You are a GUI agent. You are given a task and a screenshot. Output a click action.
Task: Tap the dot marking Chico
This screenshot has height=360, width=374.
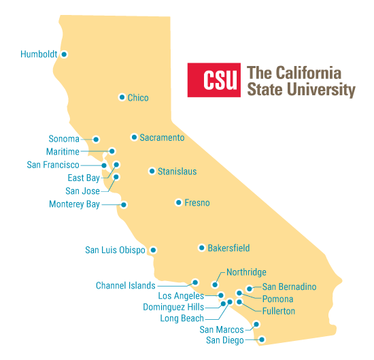[122, 97]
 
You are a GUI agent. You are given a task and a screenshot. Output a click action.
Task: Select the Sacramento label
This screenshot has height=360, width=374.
[162, 137]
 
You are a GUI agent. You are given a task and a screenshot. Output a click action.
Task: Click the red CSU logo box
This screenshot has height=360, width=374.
[214, 81]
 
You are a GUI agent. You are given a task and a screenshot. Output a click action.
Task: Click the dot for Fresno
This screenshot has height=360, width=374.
[178, 202]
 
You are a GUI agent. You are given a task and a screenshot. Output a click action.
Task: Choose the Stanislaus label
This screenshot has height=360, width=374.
[177, 171]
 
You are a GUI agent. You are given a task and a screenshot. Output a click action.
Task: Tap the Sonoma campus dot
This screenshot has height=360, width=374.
[97, 139]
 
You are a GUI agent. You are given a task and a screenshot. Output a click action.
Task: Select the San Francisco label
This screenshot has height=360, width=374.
[53, 165]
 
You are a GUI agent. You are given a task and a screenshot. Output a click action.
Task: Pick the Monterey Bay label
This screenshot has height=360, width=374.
[74, 204]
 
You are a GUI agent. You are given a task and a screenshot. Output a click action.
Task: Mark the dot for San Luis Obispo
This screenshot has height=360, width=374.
[153, 250]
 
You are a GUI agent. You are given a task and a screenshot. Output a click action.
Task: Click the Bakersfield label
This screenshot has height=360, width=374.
[228, 248]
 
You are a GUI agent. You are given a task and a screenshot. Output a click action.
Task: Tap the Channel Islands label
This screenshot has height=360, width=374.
[125, 286]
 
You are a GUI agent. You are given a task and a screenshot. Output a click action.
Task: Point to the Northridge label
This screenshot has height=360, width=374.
[246, 272]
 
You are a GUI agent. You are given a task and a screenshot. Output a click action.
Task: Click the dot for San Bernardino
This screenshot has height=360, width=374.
[250, 289]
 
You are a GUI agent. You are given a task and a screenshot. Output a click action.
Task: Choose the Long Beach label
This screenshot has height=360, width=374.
[182, 318]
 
